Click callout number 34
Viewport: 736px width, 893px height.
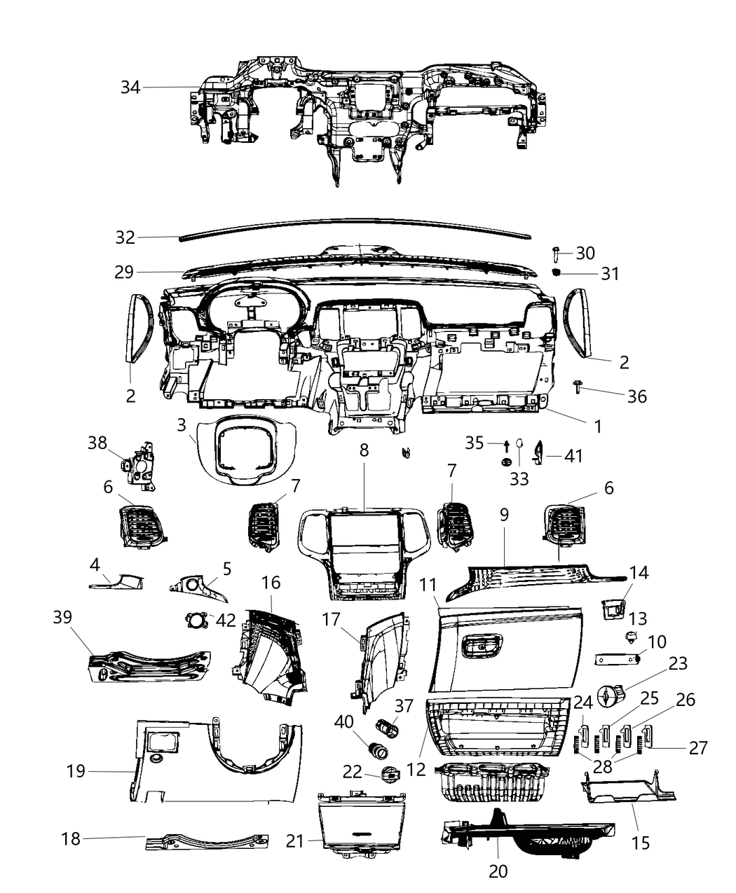(130, 88)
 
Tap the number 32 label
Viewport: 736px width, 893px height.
(125, 237)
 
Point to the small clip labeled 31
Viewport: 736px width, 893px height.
(557, 272)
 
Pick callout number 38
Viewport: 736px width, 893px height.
(97, 443)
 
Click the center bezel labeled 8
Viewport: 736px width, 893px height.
(364, 553)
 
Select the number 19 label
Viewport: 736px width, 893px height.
(76, 771)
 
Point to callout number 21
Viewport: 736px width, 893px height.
(295, 840)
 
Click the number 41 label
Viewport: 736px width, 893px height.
(573, 456)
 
